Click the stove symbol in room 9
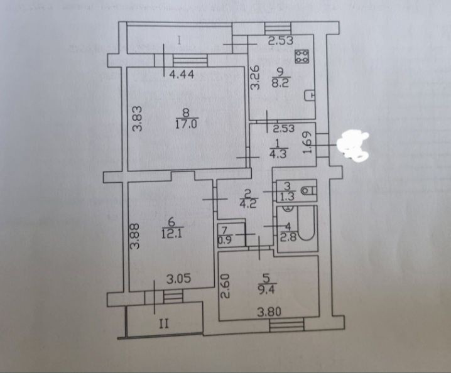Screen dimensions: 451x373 [302, 57]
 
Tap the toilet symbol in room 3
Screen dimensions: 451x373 [308, 190]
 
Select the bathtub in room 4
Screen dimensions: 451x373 [306, 223]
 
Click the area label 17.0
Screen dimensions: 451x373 [185, 124]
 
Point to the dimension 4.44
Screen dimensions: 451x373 [182, 75]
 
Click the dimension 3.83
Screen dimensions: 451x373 [138, 119]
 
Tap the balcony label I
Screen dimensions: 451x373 [179, 41]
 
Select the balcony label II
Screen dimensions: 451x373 [164, 324]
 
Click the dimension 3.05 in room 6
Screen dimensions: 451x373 [178, 279]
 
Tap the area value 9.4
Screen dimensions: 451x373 [266, 289]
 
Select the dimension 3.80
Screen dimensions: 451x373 [269, 311]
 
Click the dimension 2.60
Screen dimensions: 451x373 [225, 286]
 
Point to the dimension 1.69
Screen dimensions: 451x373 [308, 143]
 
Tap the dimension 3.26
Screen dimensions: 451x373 [255, 78]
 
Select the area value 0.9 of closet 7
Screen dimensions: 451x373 [225, 239]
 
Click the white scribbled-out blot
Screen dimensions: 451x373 [353, 144]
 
